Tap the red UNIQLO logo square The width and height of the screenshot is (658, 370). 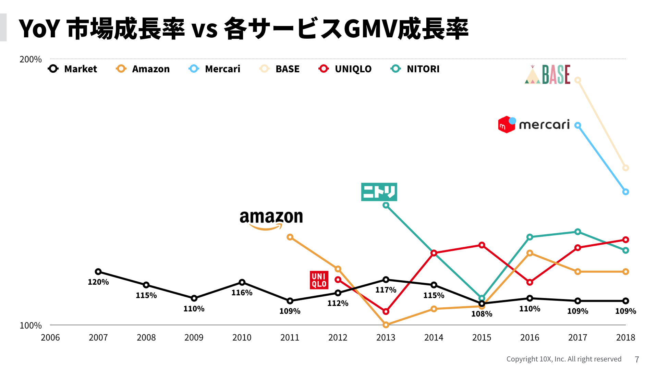pos(319,280)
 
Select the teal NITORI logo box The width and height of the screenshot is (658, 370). pos(379,192)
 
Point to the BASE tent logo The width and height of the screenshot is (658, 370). pos(548,75)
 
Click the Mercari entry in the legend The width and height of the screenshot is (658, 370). pos(215,69)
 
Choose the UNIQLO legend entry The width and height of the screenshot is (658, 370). pos(345,69)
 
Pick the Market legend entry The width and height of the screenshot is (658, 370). pos(73,69)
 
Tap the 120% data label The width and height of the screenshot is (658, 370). pos(98,282)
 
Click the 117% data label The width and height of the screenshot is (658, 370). pos(386,290)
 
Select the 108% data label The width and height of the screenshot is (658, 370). pos(482,314)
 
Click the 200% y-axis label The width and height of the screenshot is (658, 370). pos(31,59)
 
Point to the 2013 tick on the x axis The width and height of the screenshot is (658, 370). pos(386,337)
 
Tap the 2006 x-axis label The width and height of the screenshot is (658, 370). pos(50,337)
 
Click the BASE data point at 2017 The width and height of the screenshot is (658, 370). pos(578,80)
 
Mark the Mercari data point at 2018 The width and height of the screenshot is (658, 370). pos(626,192)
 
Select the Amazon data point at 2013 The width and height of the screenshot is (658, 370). pos(386,324)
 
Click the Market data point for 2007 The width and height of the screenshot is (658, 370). pos(98,272)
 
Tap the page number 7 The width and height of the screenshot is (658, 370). pos(637,359)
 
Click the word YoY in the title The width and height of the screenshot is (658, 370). pos(39,29)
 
